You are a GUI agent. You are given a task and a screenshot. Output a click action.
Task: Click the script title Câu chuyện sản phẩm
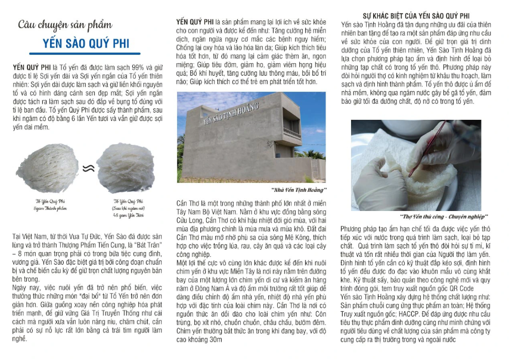tap(64, 25)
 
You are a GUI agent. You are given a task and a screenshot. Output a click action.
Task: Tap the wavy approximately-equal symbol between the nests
tap(89, 169)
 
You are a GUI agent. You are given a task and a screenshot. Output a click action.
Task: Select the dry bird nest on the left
tap(48, 169)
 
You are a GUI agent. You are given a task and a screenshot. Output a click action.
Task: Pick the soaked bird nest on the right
tap(126, 168)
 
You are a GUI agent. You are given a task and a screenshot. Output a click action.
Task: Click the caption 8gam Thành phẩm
tap(48, 209)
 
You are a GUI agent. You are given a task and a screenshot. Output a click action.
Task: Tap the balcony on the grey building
tap(292, 133)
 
